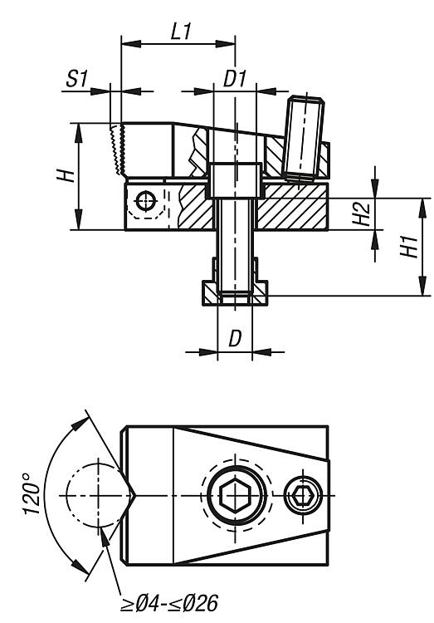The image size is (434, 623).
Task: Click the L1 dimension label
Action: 181,32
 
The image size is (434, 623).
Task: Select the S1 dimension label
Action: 76,79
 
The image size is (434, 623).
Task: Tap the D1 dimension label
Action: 236,79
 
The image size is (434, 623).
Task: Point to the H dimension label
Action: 66,175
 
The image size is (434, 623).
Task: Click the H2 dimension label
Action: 362,213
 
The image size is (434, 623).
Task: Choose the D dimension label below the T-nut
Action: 235,339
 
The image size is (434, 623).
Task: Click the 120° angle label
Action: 32,494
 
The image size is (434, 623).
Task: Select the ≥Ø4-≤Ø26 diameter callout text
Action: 169,603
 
